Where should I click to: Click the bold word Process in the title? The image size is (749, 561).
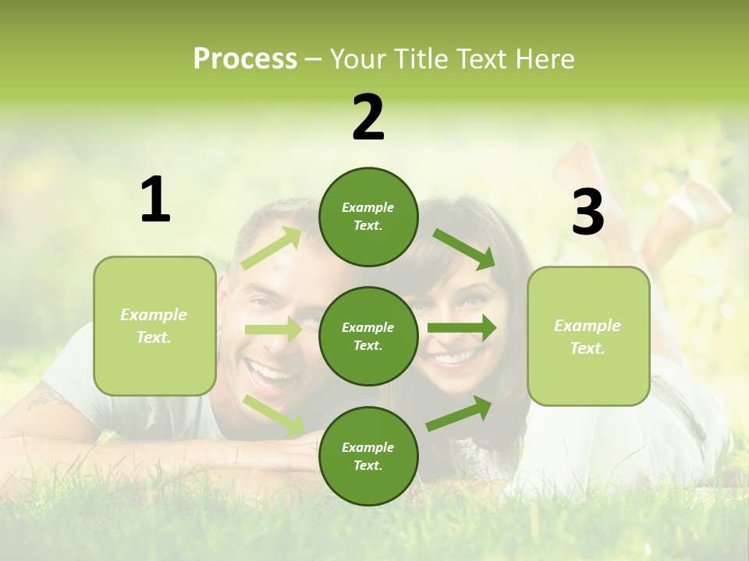tap(245, 59)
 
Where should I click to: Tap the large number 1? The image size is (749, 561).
tap(155, 200)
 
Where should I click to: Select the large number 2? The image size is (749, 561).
tap(368, 118)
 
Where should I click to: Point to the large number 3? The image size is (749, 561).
tap(587, 212)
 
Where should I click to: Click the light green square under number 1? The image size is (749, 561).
tap(154, 326)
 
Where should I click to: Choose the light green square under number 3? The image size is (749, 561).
tap(588, 336)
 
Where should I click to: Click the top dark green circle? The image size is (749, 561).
tap(368, 217)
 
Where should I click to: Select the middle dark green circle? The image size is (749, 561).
tap(368, 336)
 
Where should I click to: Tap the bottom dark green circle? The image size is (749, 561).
tap(368, 456)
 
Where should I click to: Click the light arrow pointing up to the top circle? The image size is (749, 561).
tap(272, 249)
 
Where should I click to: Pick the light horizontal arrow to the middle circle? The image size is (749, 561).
tap(273, 330)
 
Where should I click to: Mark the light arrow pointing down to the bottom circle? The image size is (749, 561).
tap(273, 415)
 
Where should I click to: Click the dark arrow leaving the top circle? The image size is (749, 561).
tap(464, 249)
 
